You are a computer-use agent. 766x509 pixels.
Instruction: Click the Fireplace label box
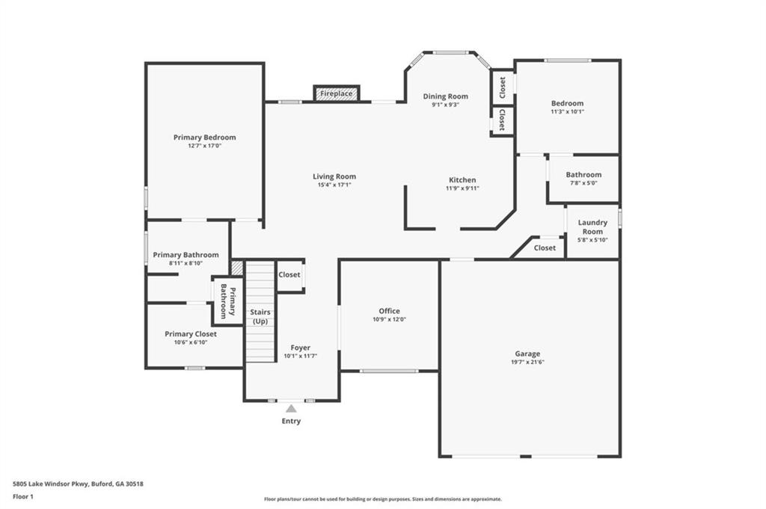(337, 93)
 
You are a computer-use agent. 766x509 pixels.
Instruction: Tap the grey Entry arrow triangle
(291, 408)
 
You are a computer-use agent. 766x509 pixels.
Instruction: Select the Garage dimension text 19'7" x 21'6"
(527, 362)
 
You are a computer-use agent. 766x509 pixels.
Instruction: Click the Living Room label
(334, 176)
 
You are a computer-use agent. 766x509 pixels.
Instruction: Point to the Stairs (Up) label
(260, 316)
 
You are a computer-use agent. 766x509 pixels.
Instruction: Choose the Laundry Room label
(592, 227)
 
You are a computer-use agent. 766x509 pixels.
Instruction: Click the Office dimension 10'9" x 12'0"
(389, 319)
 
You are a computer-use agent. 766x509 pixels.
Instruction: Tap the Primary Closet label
(191, 334)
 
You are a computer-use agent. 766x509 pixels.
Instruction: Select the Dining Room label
(446, 96)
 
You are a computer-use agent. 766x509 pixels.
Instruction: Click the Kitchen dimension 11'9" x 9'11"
(462, 188)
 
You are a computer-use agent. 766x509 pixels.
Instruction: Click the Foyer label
(301, 348)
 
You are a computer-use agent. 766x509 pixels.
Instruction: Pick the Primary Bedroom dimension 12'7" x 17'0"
(205, 146)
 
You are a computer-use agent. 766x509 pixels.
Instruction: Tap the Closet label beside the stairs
(289, 275)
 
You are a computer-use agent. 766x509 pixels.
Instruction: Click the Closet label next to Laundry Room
(545, 248)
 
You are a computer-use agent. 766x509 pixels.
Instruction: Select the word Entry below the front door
(291, 421)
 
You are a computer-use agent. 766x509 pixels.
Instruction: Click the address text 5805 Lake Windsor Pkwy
(50, 484)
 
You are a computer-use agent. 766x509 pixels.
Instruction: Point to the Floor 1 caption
(23, 497)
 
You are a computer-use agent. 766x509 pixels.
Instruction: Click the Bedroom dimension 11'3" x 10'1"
(568, 111)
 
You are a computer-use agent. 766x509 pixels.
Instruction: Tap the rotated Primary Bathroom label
(228, 300)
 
